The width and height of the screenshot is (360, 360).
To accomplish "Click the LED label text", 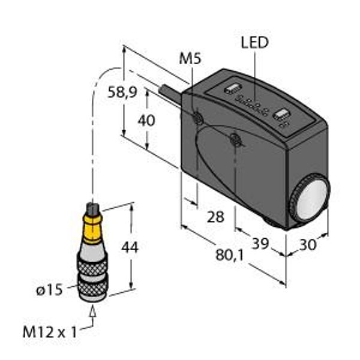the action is click(254, 43).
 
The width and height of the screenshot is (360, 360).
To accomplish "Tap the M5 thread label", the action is click(190, 59).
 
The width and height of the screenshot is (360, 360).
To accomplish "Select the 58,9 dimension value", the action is click(122, 92).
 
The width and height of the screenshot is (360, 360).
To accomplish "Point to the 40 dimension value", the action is click(146, 121).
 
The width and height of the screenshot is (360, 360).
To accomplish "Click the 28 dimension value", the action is click(215, 217).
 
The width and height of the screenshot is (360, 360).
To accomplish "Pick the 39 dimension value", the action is click(260, 244).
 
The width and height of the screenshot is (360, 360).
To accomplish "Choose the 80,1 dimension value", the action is click(229, 256).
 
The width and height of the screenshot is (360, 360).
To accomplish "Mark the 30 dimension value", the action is click(308, 245).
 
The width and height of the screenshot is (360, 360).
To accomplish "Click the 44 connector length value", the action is click(130, 247).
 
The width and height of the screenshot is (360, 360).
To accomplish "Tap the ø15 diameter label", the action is click(49, 290).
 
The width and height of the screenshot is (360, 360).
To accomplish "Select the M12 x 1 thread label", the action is click(50, 332).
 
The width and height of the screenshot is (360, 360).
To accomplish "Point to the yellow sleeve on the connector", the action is click(92, 228).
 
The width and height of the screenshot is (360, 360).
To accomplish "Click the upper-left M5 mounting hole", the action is click(197, 118).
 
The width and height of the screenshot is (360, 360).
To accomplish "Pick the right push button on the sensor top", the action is click(282, 115).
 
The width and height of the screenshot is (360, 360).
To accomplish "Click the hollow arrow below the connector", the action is click(93, 312).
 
